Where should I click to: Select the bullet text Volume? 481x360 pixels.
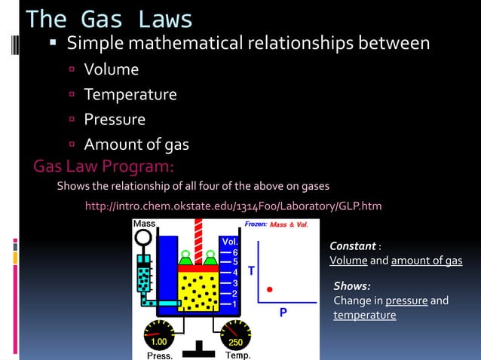click(111, 70)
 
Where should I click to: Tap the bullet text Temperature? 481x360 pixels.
click(130, 95)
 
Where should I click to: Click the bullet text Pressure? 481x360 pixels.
click(114, 120)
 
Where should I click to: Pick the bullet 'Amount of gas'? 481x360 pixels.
click(136, 145)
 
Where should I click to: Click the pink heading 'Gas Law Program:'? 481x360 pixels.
click(104, 165)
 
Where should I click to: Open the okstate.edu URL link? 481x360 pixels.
click(234, 206)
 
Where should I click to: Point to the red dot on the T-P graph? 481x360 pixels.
click(269, 288)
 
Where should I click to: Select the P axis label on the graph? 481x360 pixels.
click(283, 312)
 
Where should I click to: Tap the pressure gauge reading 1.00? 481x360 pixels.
click(159, 342)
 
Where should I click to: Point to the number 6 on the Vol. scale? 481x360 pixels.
click(235, 252)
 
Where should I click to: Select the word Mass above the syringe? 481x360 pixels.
click(144, 224)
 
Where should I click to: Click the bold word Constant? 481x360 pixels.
click(353, 246)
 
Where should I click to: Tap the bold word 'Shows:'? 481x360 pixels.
click(352, 286)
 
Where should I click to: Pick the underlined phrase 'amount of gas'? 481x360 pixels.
click(427, 261)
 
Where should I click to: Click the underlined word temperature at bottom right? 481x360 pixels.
click(365, 316)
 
